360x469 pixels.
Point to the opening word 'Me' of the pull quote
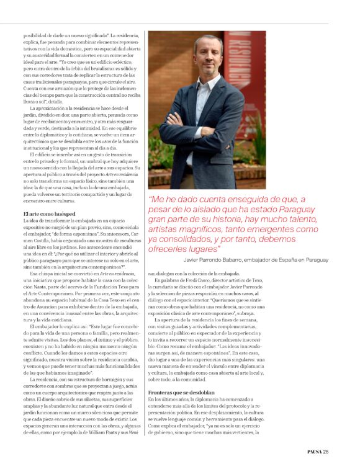pos(156,199)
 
